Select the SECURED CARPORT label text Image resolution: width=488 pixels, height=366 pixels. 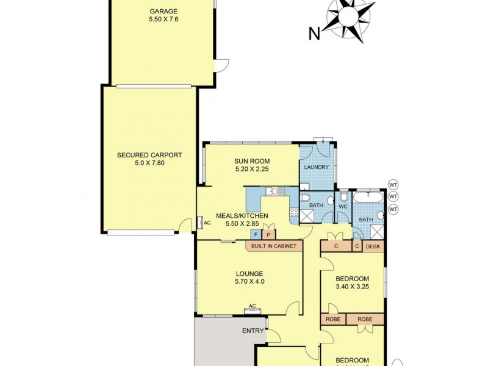(149, 155)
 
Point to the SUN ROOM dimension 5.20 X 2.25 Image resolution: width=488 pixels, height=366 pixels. (251, 171)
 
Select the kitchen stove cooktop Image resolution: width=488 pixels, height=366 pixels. (293, 213)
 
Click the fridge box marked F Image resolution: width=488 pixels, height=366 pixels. (256, 235)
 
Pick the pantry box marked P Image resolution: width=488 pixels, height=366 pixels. (269, 235)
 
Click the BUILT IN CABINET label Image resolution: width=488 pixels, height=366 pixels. (274, 246)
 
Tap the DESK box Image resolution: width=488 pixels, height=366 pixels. (373, 246)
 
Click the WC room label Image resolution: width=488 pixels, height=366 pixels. (343, 207)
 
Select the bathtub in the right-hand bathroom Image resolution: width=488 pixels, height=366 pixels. (369, 197)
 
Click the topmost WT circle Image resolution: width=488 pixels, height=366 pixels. (393, 184)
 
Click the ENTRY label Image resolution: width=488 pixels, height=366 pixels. (253, 331)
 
